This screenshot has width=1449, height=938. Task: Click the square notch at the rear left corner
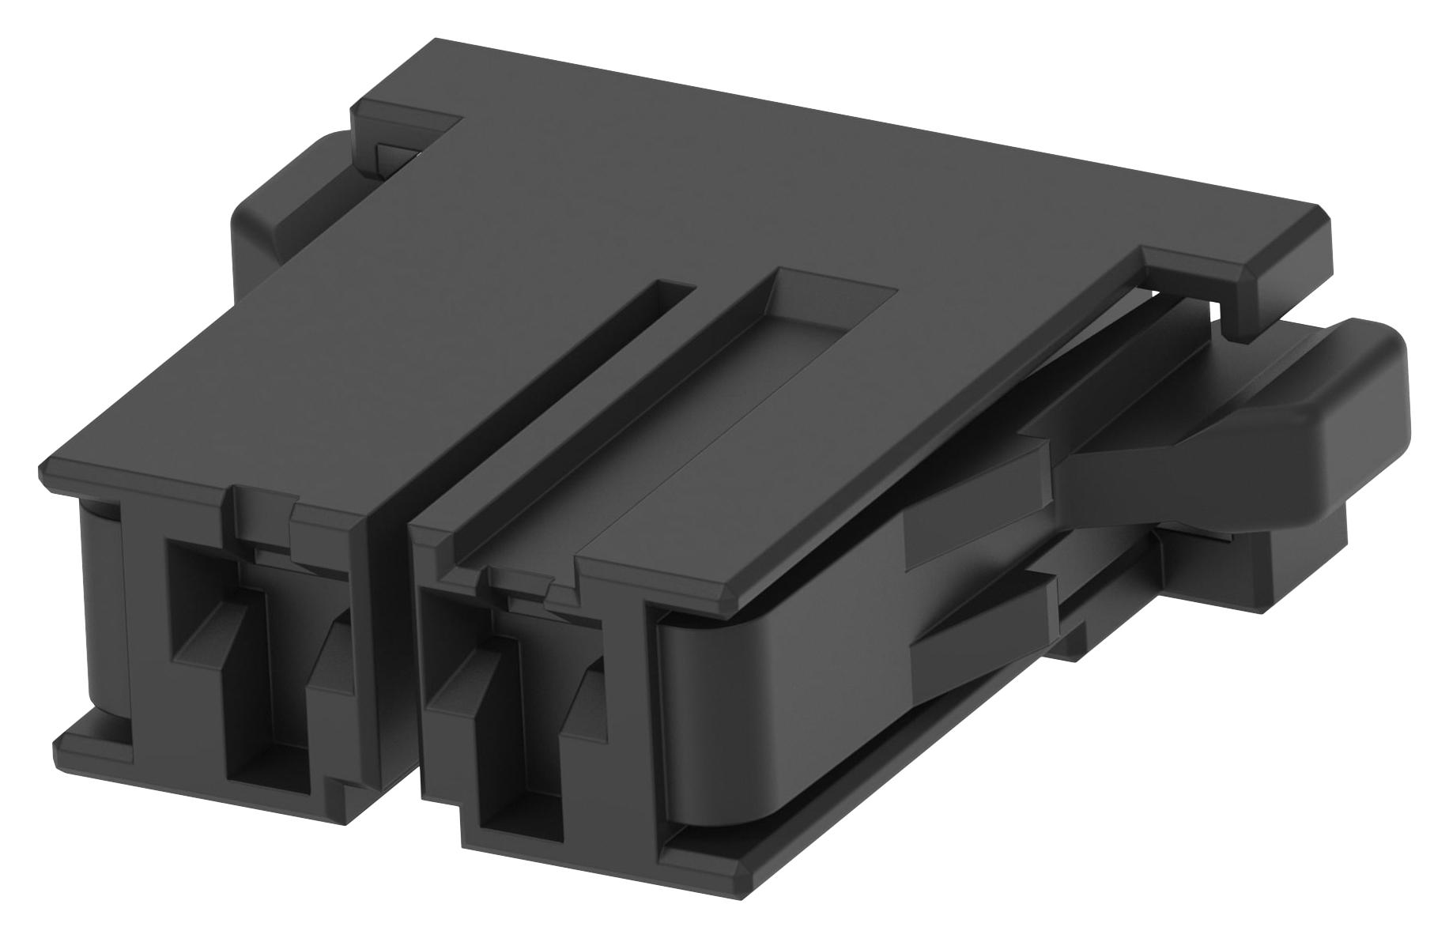tap(403, 142)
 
